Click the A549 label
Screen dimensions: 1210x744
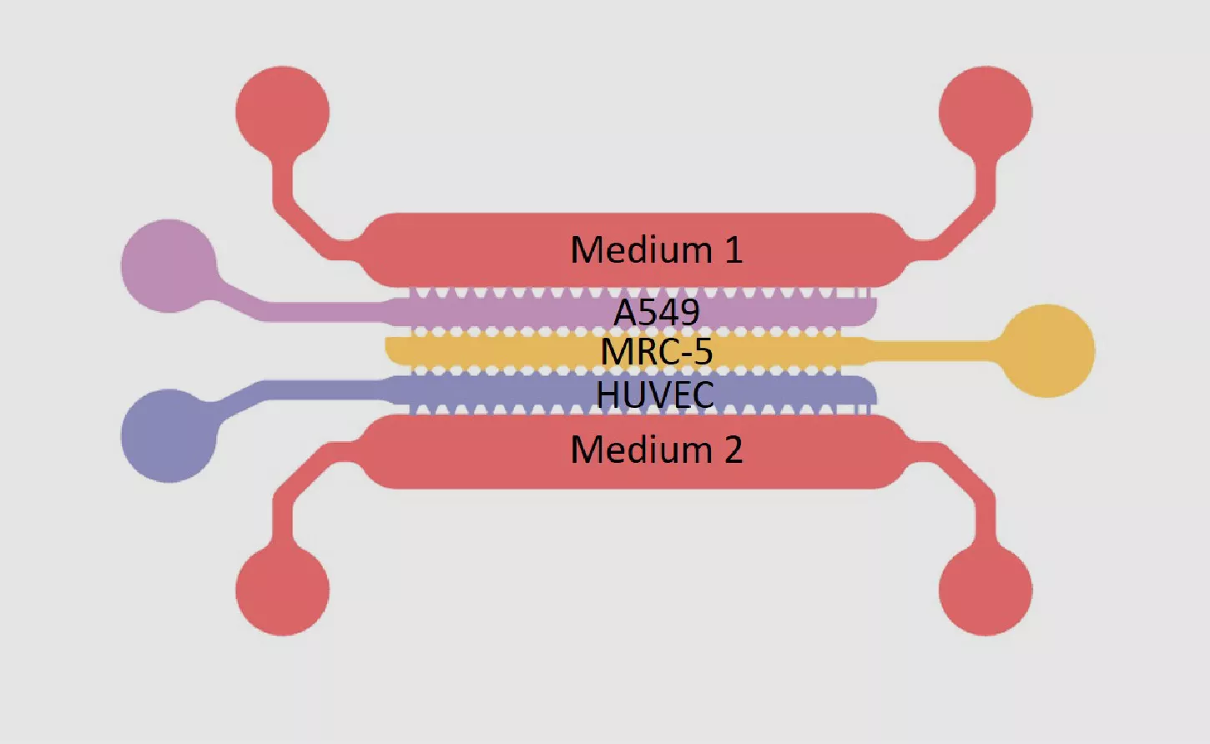tap(656, 312)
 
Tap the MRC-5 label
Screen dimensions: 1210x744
tap(656, 351)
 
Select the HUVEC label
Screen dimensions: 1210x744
tap(655, 395)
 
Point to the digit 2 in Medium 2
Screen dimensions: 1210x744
tap(733, 450)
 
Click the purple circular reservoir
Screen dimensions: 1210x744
tap(169, 265)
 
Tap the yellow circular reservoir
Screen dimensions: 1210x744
tap(1047, 351)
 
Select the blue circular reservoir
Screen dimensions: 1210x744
tap(169, 435)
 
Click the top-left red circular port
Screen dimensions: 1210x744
tap(283, 113)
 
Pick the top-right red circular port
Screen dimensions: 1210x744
tap(986, 113)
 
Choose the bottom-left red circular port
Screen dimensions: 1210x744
tap(283, 590)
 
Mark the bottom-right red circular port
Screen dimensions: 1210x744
tap(986, 590)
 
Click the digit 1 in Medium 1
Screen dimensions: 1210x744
tap(734, 250)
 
